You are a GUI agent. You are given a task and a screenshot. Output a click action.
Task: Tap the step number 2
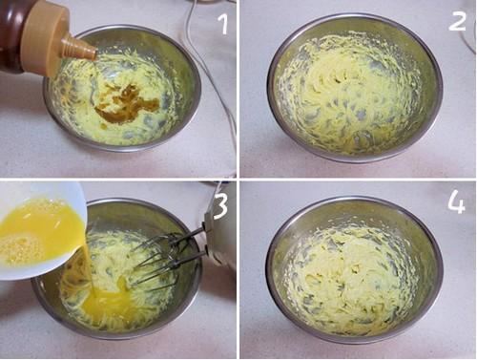click(x=457, y=20)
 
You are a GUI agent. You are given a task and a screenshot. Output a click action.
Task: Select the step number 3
click(x=221, y=208)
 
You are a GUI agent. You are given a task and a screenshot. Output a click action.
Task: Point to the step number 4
click(x=456, y=203)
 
